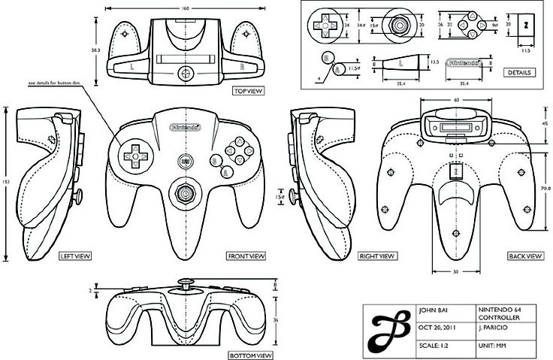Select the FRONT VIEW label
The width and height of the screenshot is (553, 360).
click(x=246, y=256)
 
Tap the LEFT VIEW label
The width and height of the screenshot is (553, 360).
click(x=75, y=256)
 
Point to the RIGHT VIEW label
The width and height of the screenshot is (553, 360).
click(x=377, y=256)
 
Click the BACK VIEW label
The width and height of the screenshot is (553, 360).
click(x=524, y=256)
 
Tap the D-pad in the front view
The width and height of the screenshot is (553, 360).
click(x=135, y=156)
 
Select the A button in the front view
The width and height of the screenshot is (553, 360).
click(x=224, y=171)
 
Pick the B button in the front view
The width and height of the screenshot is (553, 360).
click(x=215, y=159)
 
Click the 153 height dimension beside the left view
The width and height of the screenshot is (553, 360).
click(x=6, y=181)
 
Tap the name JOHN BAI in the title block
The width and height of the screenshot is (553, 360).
click(x=433, y=311)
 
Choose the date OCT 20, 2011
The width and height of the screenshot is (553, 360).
click(x=437, y=328)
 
